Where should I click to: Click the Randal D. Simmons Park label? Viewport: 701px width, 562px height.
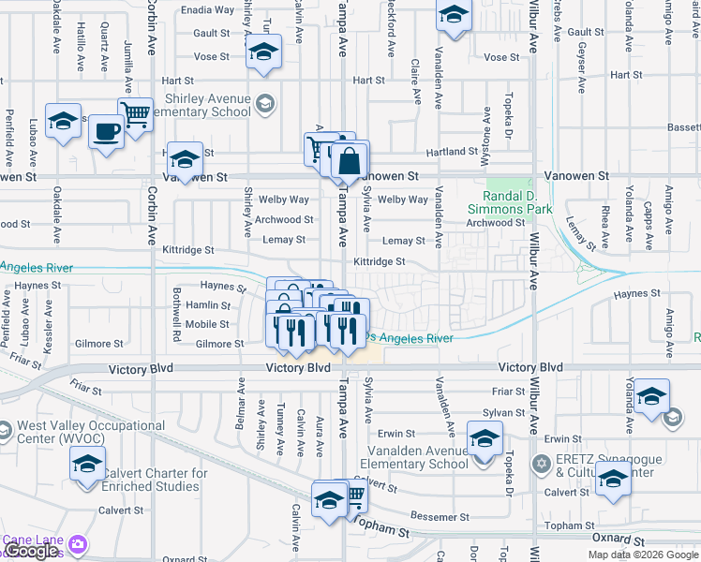pyautogui.click(x=510, y=202)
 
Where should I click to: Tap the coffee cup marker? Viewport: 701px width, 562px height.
pyautogui.click(x=106, y=131)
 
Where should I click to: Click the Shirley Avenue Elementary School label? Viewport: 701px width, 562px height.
pyautogui.click(x=195, y=105)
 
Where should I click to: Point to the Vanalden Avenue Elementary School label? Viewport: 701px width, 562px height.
pyautogui.click(x=413, y=457)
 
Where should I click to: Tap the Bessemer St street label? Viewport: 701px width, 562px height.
pyautogui.click(x=440, y=517)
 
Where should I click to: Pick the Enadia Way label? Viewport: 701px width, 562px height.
pyautogui.click(x=207, y=10)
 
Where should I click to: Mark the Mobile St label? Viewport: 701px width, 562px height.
pyautogui.click(x=207, y=324)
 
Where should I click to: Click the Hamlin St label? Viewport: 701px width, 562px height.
pyautogui.click(x=208, y=305)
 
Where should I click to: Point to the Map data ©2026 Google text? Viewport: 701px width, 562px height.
pyautogui.click(x=643, y=555)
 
